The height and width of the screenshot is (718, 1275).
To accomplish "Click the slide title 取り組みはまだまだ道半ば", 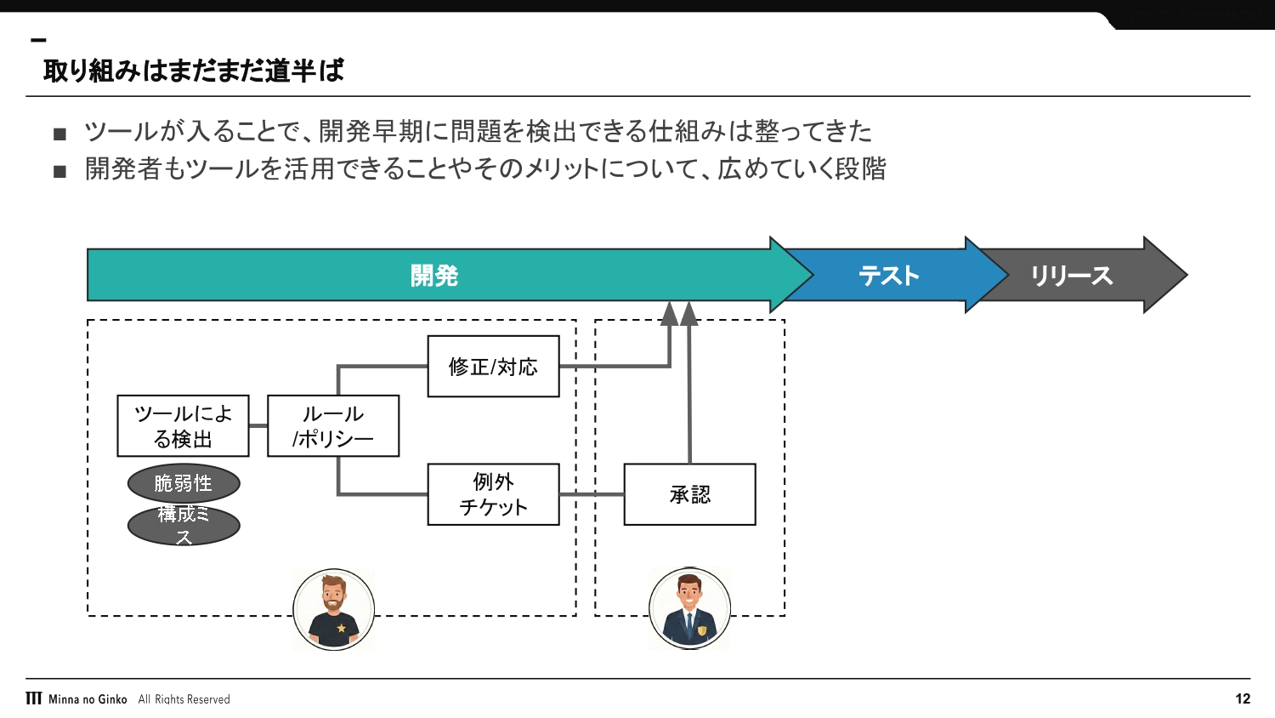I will click(x=194, y=71).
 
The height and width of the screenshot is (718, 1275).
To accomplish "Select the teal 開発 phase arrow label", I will click(x=434, y=276).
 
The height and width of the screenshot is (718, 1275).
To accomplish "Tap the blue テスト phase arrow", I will click(x=889, y=276).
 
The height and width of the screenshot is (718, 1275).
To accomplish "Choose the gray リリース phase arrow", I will click(x=1072, y=276).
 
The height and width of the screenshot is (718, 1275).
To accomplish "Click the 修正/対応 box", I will click(x=493, y=367).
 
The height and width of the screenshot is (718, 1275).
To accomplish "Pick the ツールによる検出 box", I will click(x=183, y=426).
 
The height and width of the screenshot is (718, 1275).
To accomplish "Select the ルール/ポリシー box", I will click(x=333, y=426).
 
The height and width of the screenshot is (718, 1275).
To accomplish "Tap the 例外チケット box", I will click(x=493, y=494).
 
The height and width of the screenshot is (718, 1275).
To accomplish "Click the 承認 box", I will click(x=689, y=494).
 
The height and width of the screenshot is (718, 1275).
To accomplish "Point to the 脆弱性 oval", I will click(x=184, y=483).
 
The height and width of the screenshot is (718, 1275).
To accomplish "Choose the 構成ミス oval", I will click(x=184, y=525).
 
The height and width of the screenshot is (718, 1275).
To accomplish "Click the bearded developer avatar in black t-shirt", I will click(x=334, y=609).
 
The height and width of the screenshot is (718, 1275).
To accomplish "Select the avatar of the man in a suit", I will click(x=689, y=609).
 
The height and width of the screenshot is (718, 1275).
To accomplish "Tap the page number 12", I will click(x=1243, y=699).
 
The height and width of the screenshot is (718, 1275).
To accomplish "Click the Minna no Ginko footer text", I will click(x=88, y=699).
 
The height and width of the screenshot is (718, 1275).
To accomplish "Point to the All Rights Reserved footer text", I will click(x=184, y=699).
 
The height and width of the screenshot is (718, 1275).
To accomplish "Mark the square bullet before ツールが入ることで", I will click(x=59, y=134).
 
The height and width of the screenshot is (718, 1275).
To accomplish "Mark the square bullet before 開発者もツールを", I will click(x=59, y=171).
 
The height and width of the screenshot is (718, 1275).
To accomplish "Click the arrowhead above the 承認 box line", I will click(x=689, y=313).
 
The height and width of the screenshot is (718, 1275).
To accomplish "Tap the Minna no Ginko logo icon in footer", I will click(x=34, y=698).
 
